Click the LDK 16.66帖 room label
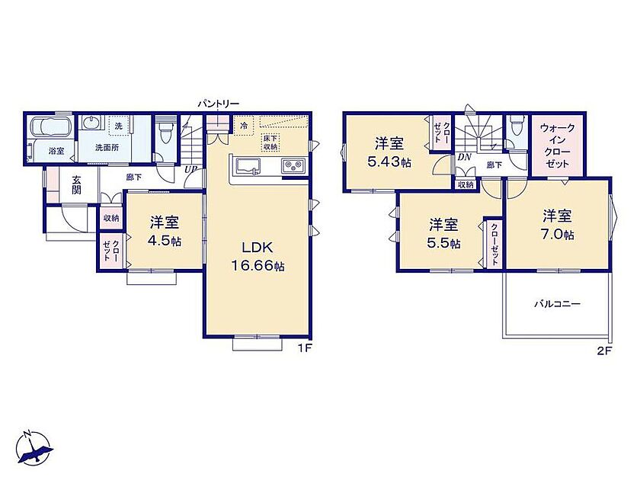coord(258,257)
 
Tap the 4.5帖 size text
coord(164,242)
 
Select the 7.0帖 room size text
coord(558,235)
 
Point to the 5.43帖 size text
coord(389,162)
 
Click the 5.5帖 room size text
coord(443,244)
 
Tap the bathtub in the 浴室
coord(51,127)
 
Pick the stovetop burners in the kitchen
coord(293,166)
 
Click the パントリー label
coord(219,104)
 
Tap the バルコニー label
coord(558,304)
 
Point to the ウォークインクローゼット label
coord(557,146)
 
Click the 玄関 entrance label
coord(76,184)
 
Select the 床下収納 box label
coord(270,142)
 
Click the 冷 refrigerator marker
coord(244,126)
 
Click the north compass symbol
coord(34,448)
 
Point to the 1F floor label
coord(305,348)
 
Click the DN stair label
coord(465,157)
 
